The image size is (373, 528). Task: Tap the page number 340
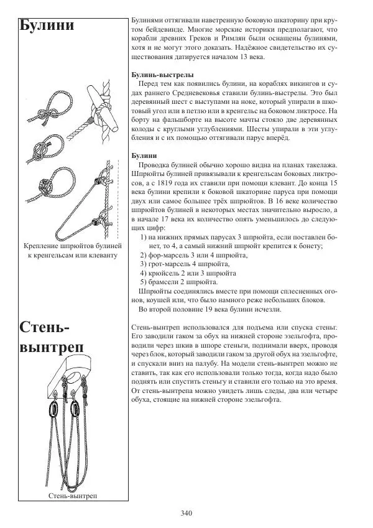pyautogui.click(x=186, y=513)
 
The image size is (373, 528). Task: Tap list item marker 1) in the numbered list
pyautogui.click(x=144, y=237)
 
